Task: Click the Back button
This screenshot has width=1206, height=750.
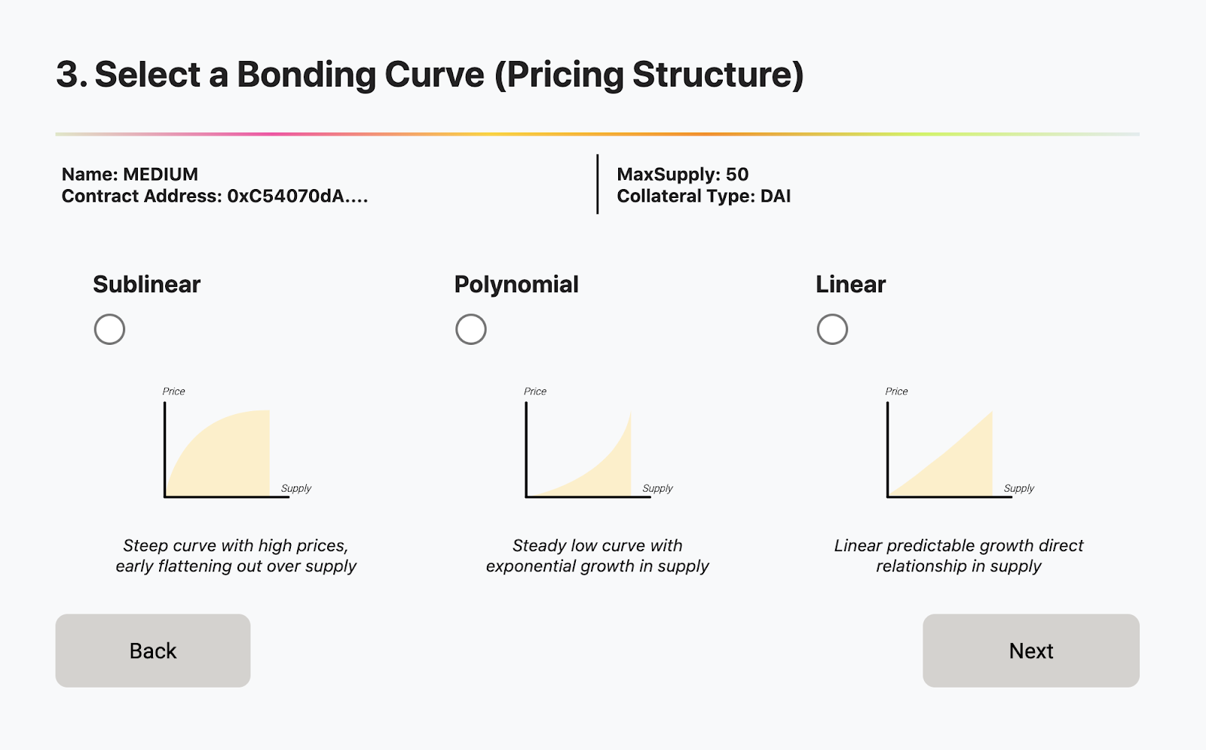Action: [x=153, y=651]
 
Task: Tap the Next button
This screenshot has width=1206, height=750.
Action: [x=1031, y=651]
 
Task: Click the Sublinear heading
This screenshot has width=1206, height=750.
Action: [x=146, y=284]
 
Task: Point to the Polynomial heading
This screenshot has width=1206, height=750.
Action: [x=516, y=285]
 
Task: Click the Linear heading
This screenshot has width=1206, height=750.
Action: [x=851, y=284]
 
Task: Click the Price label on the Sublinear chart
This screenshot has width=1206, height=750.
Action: [x=173, y=391]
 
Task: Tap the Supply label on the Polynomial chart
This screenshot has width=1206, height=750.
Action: [x=657, y=488]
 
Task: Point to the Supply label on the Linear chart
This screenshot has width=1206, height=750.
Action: [x=1018, y=488]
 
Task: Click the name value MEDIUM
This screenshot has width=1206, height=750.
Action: [x=161, y=174]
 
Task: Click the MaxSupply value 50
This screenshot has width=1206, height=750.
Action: [x=737, y=174]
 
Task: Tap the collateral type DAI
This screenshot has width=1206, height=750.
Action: [x=776, y=196]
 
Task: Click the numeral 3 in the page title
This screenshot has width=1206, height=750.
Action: [x=68, y=75]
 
